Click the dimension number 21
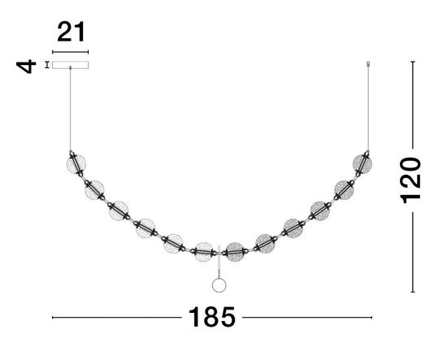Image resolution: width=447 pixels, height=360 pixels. pyautogui.click(x=71, y=33)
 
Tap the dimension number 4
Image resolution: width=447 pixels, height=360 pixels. pyautogui.click(x=28, y=64)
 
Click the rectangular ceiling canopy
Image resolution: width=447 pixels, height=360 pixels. pyautogui.click(x=71, y=65)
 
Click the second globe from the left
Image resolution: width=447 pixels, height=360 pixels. pyautogui.click(x=95, y=190)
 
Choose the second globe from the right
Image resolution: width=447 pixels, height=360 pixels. pyautogui.click(x=344, y=190)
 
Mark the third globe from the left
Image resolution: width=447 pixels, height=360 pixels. pyautogui.click(x=119, y=211)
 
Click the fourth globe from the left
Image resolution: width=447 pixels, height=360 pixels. pyautogui.click(x=146, y=228)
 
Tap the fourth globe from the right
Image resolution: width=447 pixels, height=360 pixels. pyautogui.click(x=293, y=228)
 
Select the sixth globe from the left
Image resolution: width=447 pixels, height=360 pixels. pyautogui.click(x=204, y=251)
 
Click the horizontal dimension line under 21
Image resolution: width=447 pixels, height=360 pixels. pyautogui.click(x=71, y=51)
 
